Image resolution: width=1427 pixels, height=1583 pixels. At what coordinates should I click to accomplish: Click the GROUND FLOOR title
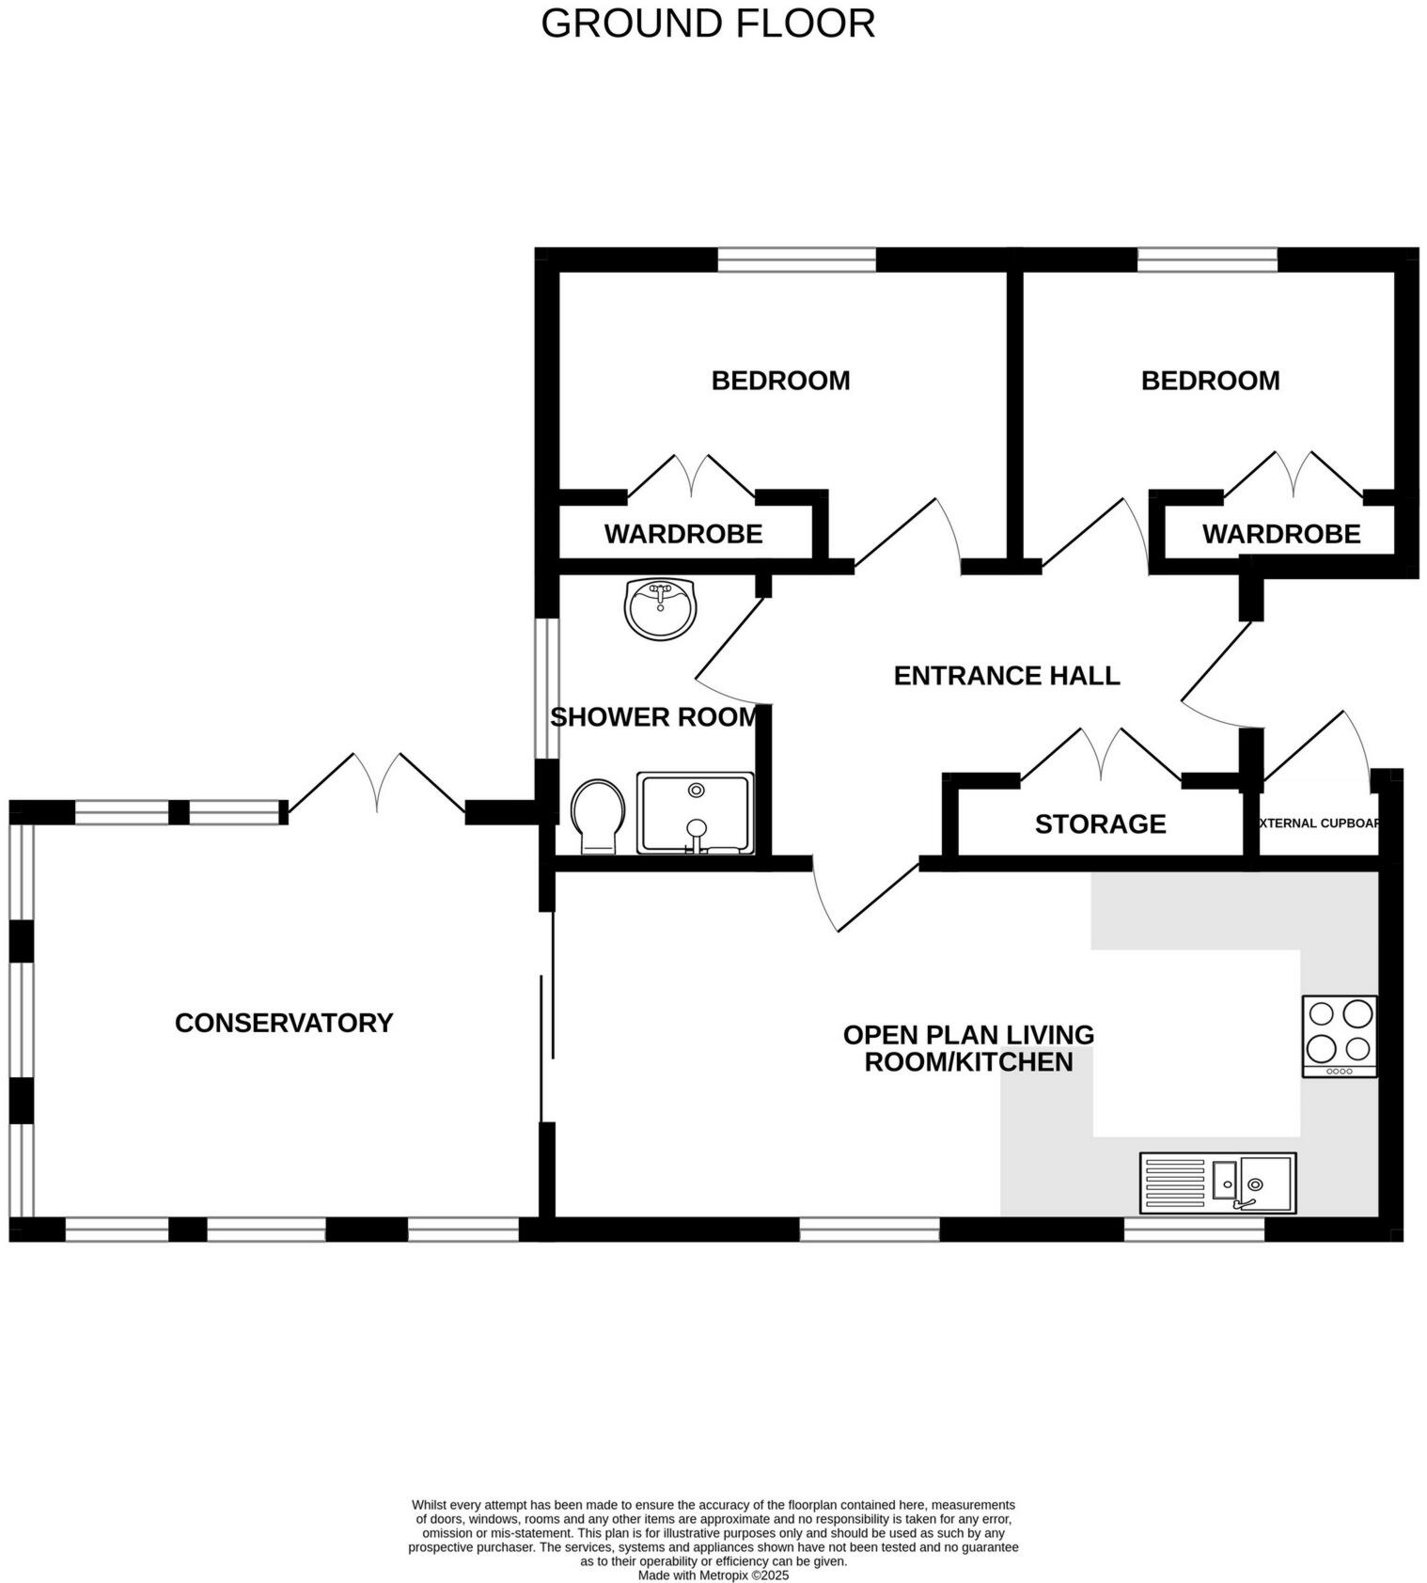708,24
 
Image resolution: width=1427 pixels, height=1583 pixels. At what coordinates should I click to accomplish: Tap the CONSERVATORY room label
284,1023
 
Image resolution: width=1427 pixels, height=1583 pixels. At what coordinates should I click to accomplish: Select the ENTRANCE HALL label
1006,676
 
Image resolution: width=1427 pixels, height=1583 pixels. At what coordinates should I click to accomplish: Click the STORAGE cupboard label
1100,824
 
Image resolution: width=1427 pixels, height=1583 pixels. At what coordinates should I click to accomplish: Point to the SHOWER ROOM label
654,717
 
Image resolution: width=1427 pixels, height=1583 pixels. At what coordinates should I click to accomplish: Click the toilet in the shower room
598,816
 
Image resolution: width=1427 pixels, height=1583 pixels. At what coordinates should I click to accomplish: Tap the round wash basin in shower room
661,608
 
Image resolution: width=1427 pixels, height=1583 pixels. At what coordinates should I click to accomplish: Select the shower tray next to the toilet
696,813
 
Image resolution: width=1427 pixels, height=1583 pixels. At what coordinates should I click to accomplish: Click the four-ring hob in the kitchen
1340,1036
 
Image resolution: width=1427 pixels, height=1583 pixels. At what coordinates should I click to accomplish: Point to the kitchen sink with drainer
1217,1183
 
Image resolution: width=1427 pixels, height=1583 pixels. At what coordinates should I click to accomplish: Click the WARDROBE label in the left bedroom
683,534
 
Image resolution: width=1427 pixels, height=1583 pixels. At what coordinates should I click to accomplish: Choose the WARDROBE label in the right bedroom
1281,534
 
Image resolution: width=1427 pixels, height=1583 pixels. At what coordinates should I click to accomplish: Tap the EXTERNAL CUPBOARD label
1318,823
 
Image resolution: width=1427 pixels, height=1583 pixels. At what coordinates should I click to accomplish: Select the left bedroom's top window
796,259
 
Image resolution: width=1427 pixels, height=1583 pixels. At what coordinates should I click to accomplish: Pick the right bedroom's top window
1207,259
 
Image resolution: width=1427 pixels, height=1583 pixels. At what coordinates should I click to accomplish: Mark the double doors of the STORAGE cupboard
1101,755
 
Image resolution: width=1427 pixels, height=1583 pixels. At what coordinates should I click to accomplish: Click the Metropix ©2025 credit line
713,1575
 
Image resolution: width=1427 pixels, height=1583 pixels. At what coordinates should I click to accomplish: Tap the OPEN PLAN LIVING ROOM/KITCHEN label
968,1048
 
